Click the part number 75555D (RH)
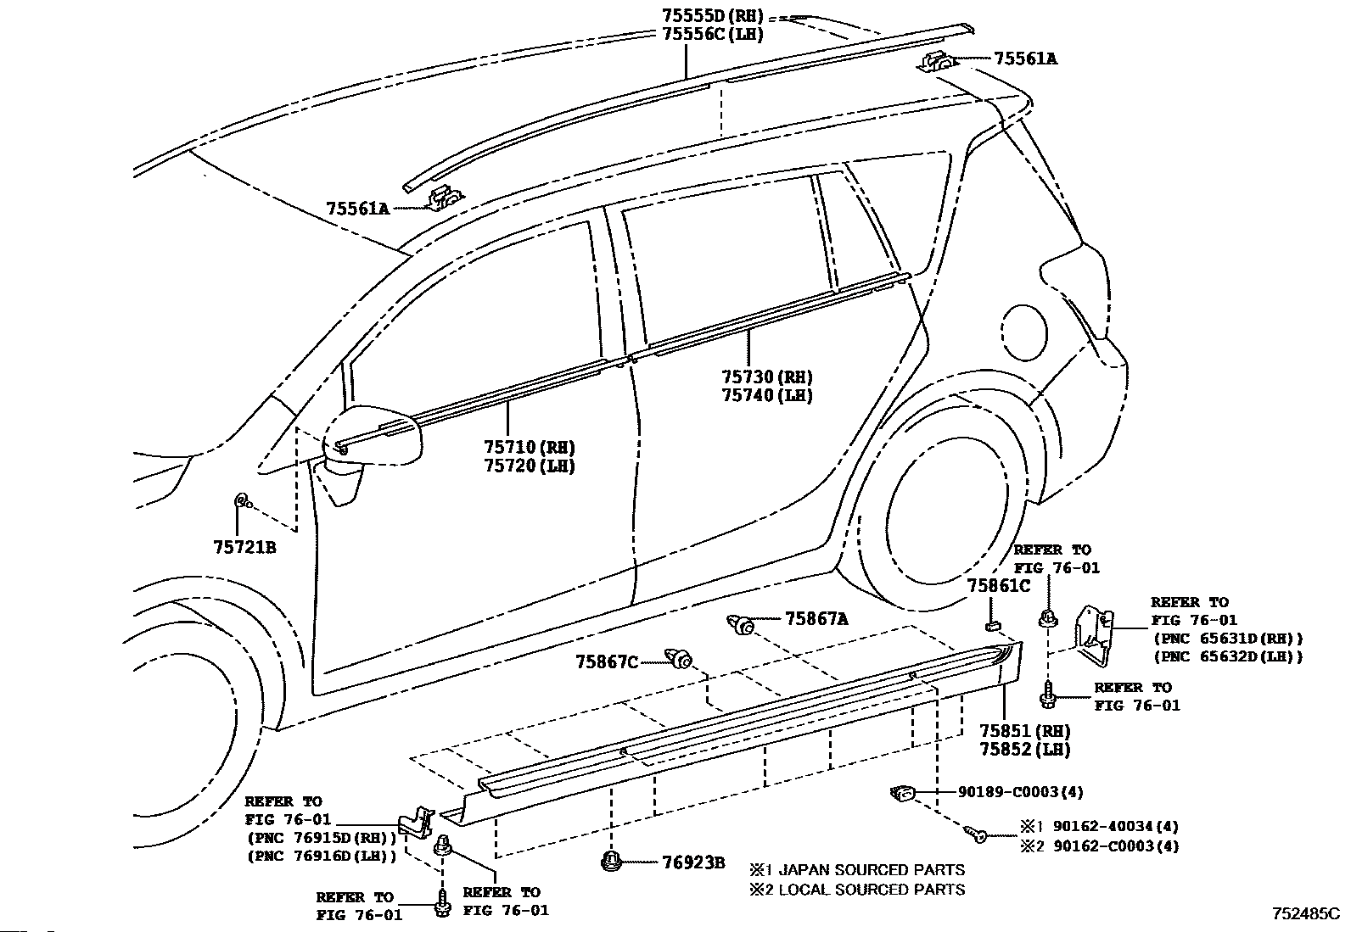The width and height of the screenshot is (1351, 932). coord(713,15)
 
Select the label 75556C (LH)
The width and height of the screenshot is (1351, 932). coord(713,35)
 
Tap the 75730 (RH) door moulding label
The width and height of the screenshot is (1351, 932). coord(767,377)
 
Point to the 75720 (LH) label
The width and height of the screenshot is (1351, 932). coord(530,466)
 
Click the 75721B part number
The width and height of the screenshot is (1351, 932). coord(245,547)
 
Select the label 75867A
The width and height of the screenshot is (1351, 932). coord(816,619)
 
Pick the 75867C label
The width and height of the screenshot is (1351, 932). coord(607,662)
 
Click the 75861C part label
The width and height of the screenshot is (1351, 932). coord(999,586)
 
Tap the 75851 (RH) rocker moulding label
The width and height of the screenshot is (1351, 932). coord(1025,731)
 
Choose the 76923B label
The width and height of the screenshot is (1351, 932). coord(693,863)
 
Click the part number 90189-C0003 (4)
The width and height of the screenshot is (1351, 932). coord(1021,791)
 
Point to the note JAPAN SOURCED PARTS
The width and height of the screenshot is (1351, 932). coord(872,870)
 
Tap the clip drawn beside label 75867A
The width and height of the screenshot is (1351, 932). coord(740,624)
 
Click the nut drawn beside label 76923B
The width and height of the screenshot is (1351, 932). coord(612,861)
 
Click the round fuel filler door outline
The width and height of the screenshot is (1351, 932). coord(1024,332)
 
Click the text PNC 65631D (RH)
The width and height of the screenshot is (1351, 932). coord(1228,639)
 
